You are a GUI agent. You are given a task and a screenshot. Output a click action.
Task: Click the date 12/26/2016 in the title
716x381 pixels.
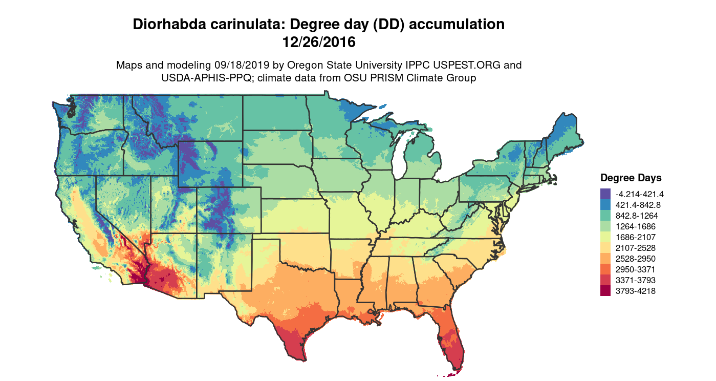click(319, 42)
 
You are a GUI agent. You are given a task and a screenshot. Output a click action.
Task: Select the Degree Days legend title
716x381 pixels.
click(631, 178)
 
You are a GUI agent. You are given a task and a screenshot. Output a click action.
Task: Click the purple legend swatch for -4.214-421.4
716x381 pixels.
click(605, 194)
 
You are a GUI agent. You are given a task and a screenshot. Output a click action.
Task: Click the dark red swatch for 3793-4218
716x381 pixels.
click(605, 291)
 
